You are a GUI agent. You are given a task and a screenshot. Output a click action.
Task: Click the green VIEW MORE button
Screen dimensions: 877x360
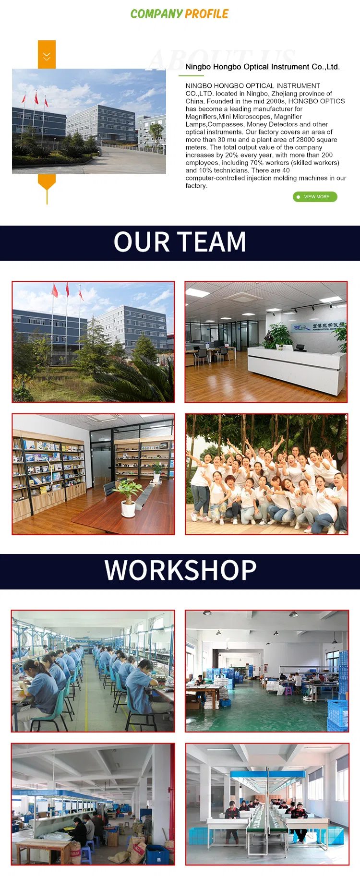pyautogui.click(x=315, y=197)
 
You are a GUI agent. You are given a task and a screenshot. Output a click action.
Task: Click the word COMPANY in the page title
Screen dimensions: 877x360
pyautogui.click(x=156, y=14)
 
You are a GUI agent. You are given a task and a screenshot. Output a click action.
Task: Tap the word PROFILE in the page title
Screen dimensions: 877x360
pyautogui.click(x=207, y=14)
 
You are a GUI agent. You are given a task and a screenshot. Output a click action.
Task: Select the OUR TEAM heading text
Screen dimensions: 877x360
pyautogui.click(x=180, y=242)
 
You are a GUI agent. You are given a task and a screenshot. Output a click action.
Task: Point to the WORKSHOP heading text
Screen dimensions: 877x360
pyautogui.click(x=180, y=570)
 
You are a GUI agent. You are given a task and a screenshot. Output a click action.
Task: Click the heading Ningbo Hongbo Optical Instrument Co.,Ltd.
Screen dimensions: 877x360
pyautogui.click(x=262, y=67)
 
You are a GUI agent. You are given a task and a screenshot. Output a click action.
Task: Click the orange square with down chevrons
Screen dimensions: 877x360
pyautogui.click(x=47, y=54)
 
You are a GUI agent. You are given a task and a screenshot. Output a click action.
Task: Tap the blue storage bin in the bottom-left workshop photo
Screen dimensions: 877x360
pyautogui.click(x=156, y=853)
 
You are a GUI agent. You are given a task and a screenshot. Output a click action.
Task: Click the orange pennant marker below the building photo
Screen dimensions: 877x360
pyautogui.click(x=47, y=183)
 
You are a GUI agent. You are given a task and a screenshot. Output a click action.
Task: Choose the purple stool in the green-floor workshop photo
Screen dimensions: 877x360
pyautogui.click(x=288, y=690)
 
